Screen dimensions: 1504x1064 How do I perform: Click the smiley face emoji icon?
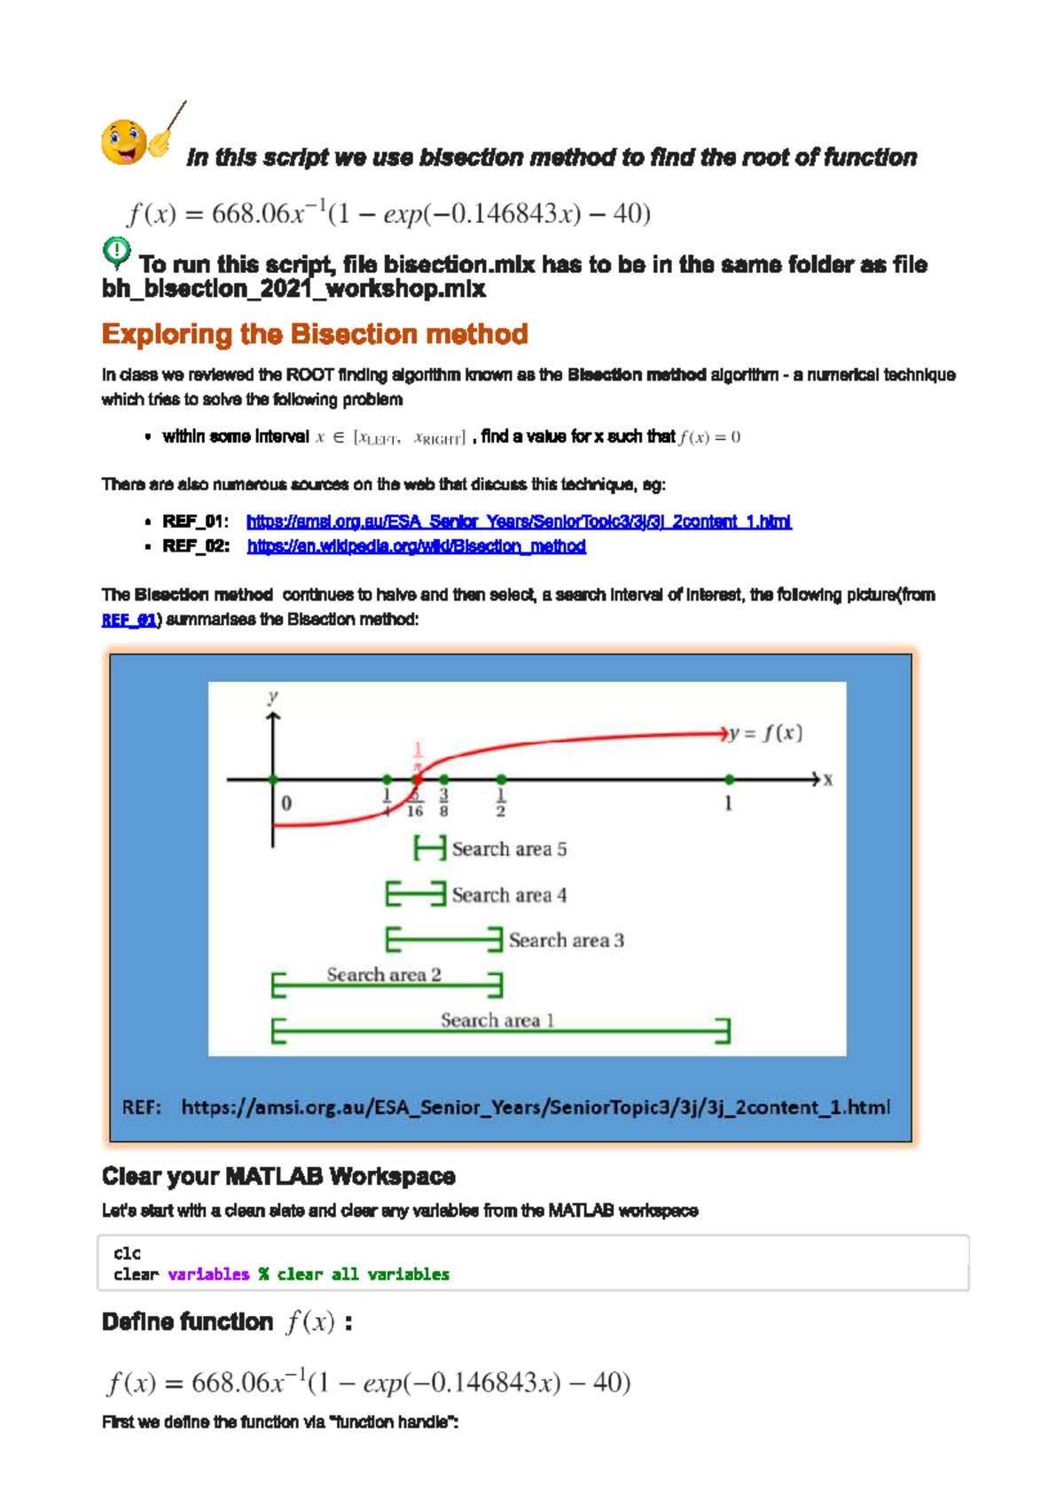(124, 142)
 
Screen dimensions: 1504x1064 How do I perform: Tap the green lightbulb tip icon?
(116, 252)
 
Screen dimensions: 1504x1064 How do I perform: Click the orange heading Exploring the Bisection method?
(315, 334)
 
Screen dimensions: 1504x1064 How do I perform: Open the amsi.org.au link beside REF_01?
(519, 521)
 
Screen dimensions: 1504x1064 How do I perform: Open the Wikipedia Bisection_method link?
(416, 546)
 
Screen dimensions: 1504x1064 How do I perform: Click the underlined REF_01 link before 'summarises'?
(129, 620)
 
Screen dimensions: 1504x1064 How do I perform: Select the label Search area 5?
(509, 850)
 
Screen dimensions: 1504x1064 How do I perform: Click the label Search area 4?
(509, 896)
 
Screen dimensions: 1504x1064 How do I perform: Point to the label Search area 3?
(566, 941)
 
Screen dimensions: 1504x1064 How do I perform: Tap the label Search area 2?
(383, 975)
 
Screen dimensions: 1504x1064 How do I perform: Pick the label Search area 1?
(497, 1021)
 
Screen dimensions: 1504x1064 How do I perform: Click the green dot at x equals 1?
(729, 779)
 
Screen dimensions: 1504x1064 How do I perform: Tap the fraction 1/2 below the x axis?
(501, 803)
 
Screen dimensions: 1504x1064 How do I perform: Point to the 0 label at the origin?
(286, 803)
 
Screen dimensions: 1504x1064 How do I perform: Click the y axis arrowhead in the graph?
(273, 717)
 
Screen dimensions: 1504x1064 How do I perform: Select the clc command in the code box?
(127, 1253)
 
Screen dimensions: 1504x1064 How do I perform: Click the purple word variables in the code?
(208, 1274)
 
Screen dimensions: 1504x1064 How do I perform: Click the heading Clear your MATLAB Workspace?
(278, 1177)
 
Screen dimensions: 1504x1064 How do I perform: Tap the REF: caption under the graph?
(142, 1108)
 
